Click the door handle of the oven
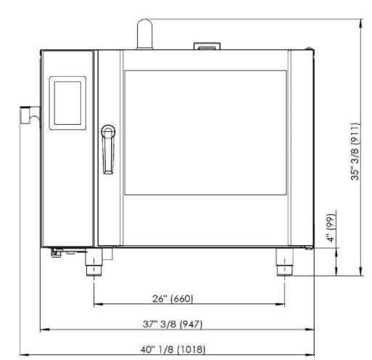(108, 149)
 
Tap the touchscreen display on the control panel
(67, 103)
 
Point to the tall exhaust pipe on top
(145, 34)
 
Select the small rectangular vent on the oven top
(207, 46)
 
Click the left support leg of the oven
(94, 262)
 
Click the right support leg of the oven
(284, 262)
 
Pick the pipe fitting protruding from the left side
(30, 115)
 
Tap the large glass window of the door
(205, 133)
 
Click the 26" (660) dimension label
(173, 298)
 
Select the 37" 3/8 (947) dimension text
(173, 324)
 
